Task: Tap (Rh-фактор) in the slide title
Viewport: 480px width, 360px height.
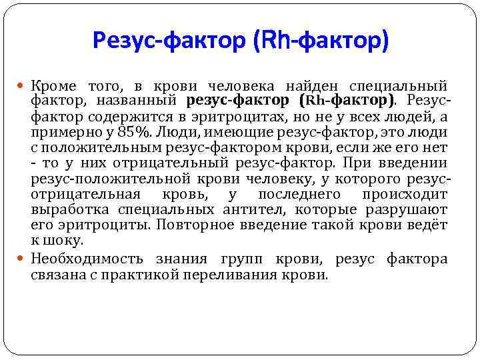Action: coord(319,41)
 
